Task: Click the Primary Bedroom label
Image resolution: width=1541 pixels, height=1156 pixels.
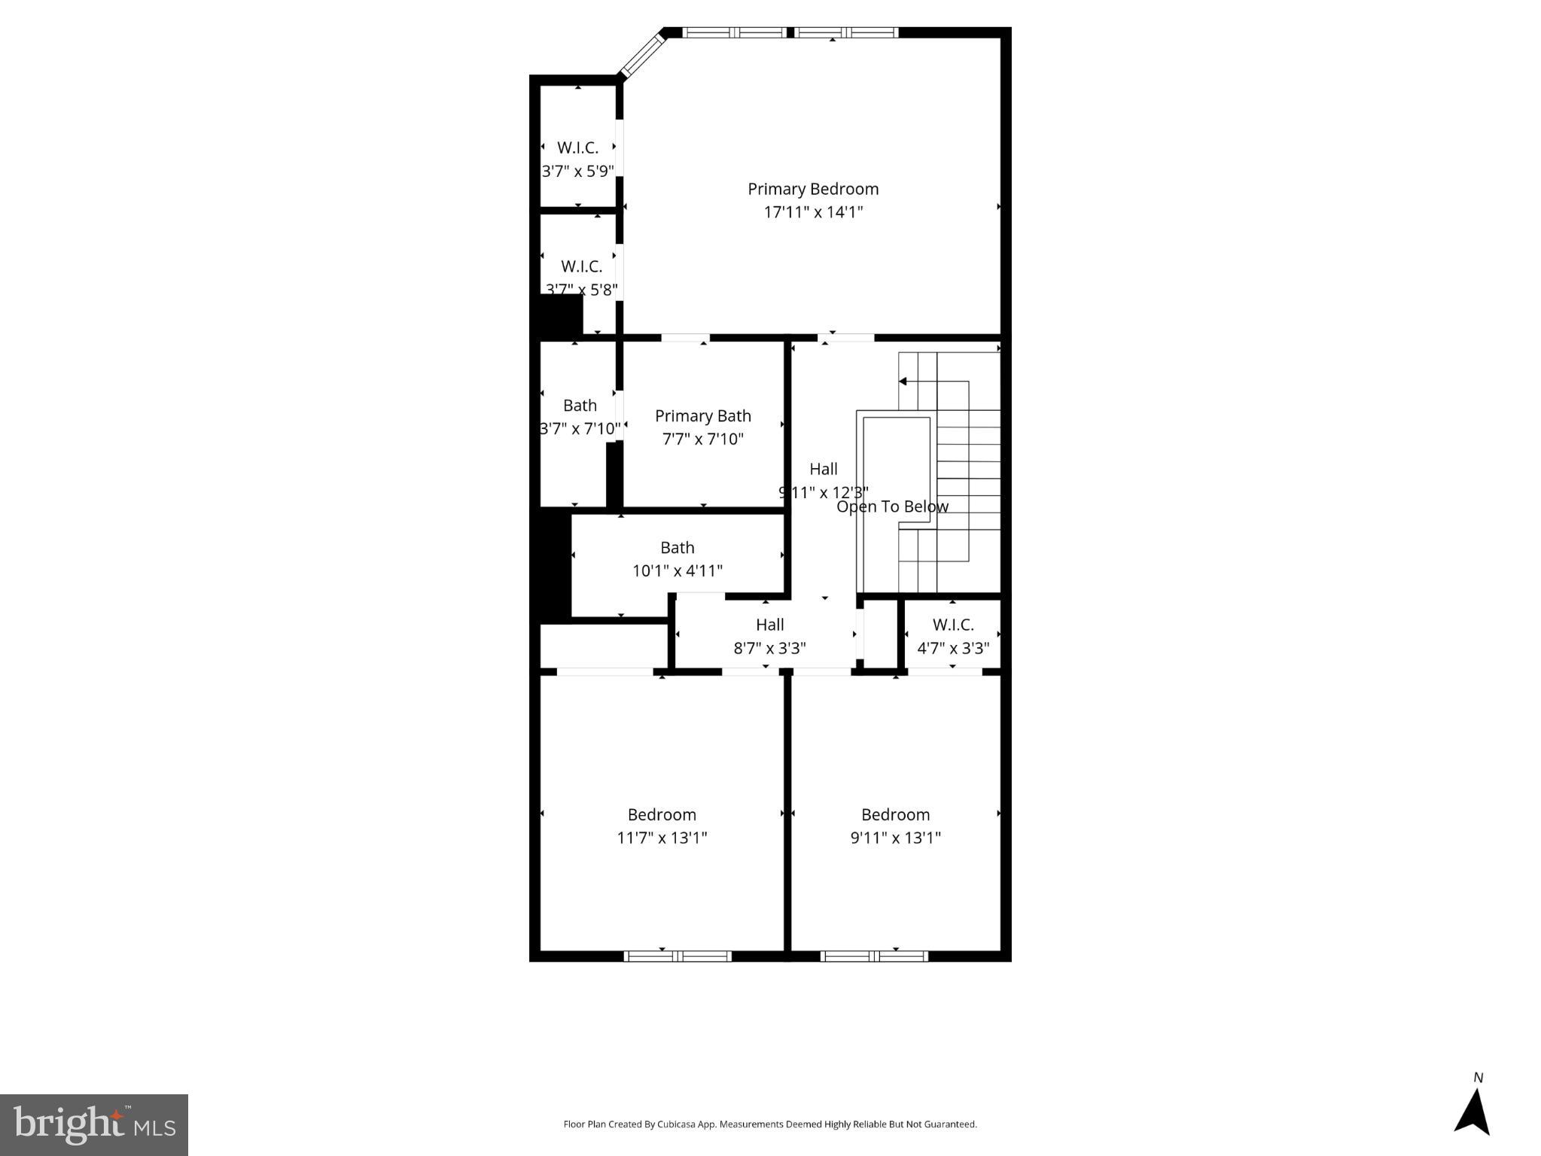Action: coord(812,189)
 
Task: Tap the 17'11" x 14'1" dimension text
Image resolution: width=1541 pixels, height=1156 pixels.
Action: coord(812,212)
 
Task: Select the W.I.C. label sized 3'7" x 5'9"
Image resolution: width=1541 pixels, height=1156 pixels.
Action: coord(577,148)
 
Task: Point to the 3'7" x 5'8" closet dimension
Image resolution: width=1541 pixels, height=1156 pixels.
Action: coord(581,290)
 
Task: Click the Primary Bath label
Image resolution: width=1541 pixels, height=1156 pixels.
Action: coord(702,416)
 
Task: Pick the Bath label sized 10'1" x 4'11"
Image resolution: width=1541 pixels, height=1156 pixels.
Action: coord(677,548)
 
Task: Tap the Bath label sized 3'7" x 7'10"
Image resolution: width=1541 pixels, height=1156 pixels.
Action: coord(580,406)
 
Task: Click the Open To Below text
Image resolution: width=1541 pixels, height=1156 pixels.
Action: coord(892,507)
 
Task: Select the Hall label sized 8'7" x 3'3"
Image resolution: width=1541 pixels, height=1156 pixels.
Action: coord(769,625)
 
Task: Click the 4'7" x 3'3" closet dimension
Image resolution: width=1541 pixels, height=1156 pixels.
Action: coord(952,648)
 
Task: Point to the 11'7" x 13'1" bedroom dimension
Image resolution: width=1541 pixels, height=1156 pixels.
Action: coord(662,838)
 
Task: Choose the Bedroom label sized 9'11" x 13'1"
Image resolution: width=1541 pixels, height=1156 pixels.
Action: coord(895,815)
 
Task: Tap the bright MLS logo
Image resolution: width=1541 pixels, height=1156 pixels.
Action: coord(93,1124)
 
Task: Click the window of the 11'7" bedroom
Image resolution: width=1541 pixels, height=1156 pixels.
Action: coord(678,957)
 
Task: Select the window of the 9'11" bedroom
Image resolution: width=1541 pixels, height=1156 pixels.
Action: coord(873,957)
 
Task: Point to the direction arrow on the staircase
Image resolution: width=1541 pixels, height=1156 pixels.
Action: coord(903,382)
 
